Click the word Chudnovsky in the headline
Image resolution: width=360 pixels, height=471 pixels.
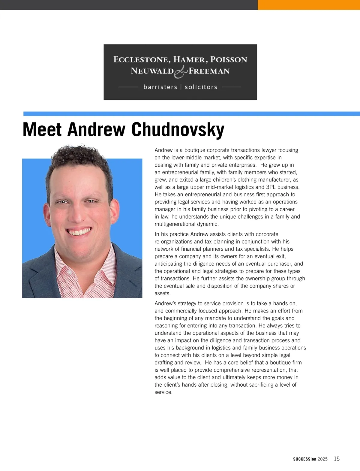[178, 130]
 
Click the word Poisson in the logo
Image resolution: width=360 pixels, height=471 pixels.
[229, 59]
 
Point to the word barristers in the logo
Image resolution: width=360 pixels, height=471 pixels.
[160, 87]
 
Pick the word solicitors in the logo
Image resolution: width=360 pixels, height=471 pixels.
[201, 87]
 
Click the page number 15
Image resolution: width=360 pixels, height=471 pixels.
[337, 458]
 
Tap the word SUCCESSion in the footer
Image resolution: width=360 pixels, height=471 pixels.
[304, 459]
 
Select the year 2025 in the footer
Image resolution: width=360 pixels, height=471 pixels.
[322, 459]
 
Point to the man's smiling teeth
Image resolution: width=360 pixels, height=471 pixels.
[79, 232]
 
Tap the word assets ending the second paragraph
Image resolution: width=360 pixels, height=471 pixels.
[162, 293]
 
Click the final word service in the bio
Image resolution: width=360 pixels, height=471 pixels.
[163, 392]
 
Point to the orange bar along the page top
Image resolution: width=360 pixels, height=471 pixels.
[309, 5]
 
